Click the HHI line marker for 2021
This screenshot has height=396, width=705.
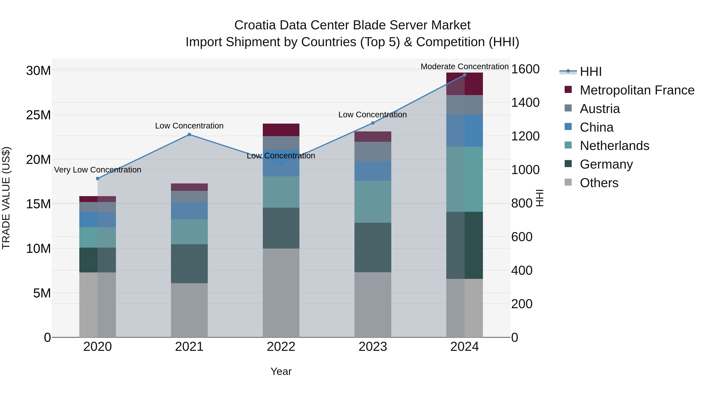(189, 135)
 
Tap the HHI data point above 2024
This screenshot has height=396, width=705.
(465, 75)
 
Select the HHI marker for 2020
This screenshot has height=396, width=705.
(98, 179)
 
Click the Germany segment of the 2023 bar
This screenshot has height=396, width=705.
(373, 247)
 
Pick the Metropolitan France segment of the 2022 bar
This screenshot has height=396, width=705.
(281, 130)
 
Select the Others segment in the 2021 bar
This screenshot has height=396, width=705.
(189, 310)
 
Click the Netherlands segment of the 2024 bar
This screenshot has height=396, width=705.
(465, 179)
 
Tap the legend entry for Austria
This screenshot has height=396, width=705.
(599, 109)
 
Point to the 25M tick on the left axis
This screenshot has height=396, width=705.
(38, 115)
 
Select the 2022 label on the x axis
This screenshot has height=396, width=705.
(281, 347)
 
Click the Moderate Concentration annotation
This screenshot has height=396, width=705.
(465, 66)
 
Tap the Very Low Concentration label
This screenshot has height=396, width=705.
(98, 170)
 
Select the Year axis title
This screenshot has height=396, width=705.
(281, 371)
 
